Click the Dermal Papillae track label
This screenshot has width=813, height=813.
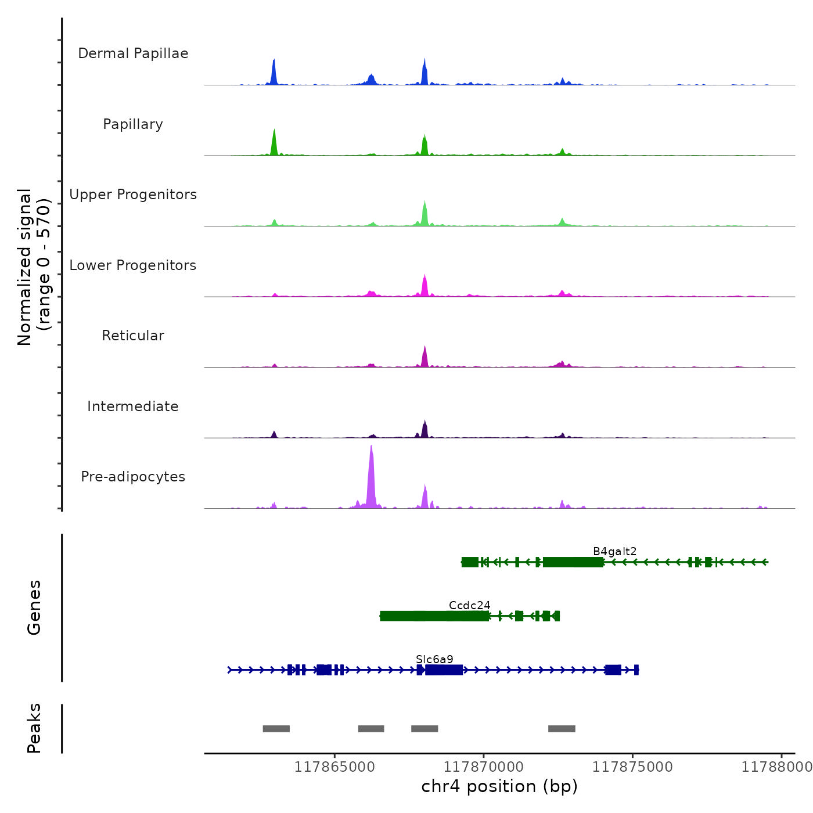click(133, 53)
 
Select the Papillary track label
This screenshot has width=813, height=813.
click(133, 124)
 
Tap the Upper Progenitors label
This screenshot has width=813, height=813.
click(133, 195)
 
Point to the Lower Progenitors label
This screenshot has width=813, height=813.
click(133, 265)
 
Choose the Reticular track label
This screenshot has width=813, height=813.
click(133, 336)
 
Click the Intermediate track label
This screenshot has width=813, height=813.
click(133, 406)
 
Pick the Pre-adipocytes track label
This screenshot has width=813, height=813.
click(133, 477)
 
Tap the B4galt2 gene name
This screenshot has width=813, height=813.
click(614, 551)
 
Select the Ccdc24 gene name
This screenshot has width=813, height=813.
click(469, 605)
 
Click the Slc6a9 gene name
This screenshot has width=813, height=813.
click(434, 659)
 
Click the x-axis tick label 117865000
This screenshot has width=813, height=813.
click(334, 767)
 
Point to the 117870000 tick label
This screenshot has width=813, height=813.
click(484, 767)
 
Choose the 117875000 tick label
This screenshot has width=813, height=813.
click(632, 767)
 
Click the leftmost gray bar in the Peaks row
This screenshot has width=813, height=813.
click(276, 729)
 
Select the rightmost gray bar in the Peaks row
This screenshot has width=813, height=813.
click(562, 729)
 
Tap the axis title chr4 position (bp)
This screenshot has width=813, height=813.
click(499, 786)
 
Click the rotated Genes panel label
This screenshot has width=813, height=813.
click(34, 607)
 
